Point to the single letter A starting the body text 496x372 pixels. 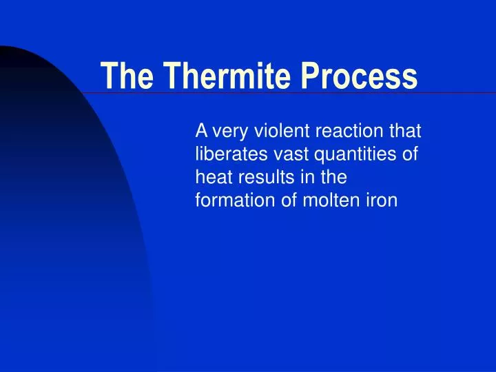coord(202,130)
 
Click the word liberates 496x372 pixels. coord(228,154)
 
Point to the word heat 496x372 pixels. coord(212,177)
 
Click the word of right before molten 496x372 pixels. coord(279,200)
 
